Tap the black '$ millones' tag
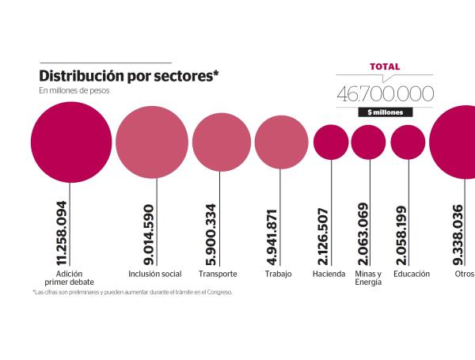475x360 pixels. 385,112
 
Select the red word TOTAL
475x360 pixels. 385,67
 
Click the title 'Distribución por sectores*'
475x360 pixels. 129,76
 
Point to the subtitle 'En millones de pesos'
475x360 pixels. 74,91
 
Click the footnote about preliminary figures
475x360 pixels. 132,292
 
